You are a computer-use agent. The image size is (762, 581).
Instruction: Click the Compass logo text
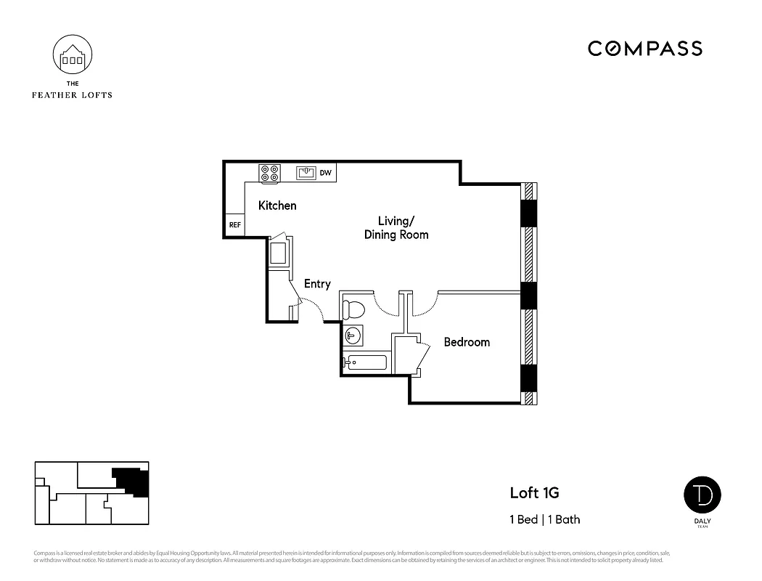[644, 49]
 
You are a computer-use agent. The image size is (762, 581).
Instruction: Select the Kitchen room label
[277, 206]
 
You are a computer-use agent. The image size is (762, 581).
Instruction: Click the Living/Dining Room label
[396, 227]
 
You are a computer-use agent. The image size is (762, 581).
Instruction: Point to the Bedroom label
[467, 342]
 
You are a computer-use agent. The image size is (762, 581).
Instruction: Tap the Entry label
[317, 284]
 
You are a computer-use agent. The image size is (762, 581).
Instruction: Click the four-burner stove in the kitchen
[270, 173]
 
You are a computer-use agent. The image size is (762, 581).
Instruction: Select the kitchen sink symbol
[306, 172]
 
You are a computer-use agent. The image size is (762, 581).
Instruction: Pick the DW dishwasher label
[326, 173]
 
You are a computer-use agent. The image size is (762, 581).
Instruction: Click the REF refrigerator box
[234, 225]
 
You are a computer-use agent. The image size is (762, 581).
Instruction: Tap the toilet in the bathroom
[353, 309]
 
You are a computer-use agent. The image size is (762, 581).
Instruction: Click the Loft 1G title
[534, 493]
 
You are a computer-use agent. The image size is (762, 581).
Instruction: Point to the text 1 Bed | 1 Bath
[544, 519]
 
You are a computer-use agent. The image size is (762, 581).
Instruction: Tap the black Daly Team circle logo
[702, 495]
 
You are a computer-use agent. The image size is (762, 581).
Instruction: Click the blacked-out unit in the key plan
[131, 481]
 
